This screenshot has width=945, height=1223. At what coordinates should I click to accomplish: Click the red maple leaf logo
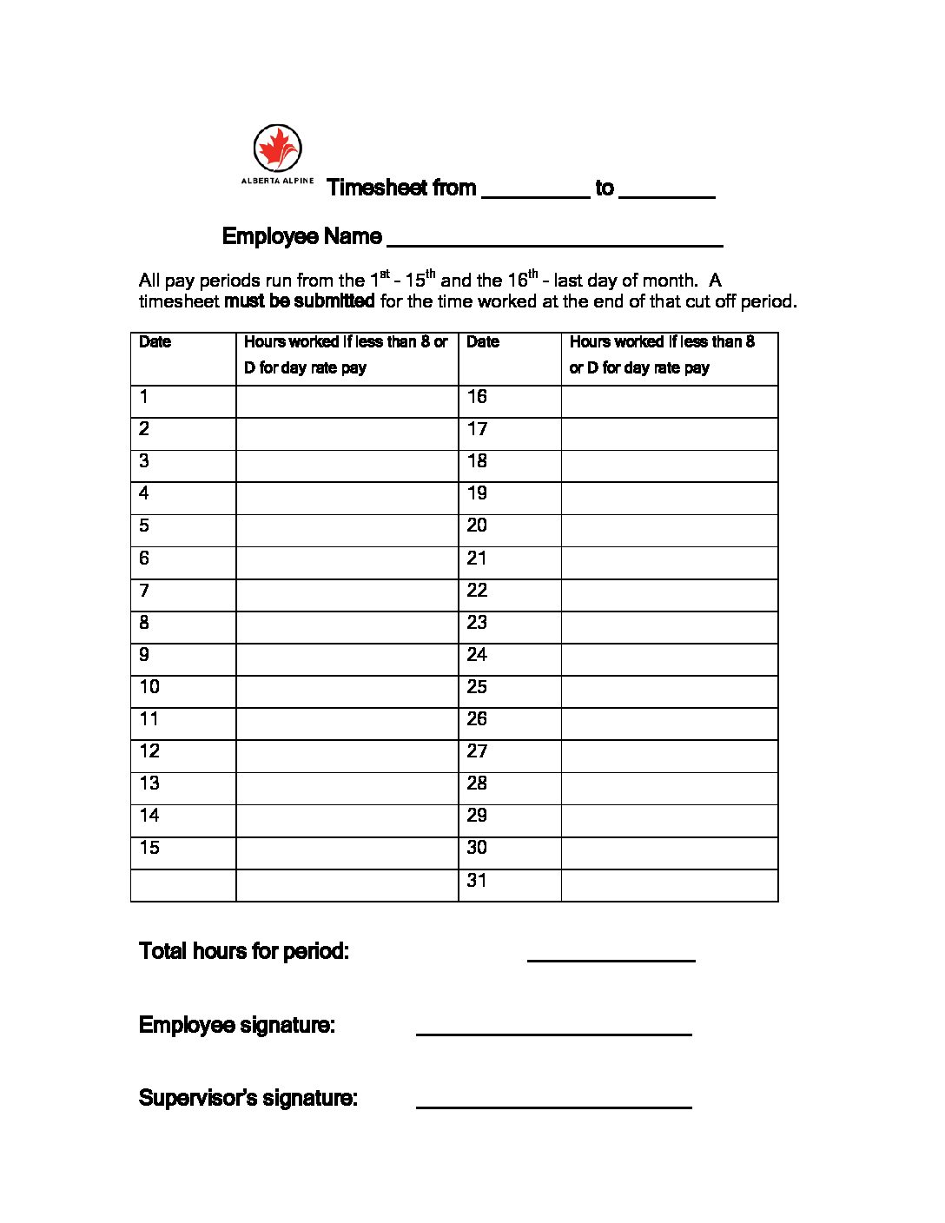click(277, 148)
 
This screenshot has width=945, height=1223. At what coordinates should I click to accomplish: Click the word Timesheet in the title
click(377, 188)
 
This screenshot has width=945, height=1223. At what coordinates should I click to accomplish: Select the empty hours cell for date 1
click(347, 401)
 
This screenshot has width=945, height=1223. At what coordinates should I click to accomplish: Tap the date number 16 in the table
click(477, 397)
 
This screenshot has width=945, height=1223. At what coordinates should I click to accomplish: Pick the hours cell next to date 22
click(669, 595)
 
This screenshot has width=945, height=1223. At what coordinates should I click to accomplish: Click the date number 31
click(477, 881)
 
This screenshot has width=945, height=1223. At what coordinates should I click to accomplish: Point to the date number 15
click(149, 848)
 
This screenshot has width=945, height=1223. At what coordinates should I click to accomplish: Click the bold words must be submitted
click(300, 301)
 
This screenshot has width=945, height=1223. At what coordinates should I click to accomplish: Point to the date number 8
click(144, 623)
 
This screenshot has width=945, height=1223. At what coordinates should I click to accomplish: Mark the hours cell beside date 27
click(669, 756)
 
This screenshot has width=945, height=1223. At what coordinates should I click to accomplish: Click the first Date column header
click(155, 342)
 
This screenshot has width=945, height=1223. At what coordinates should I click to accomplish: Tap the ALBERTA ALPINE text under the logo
click(277, 181)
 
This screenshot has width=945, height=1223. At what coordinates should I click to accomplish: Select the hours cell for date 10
click(347, 691)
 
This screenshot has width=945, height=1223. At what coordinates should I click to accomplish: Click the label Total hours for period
click(244, 951)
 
